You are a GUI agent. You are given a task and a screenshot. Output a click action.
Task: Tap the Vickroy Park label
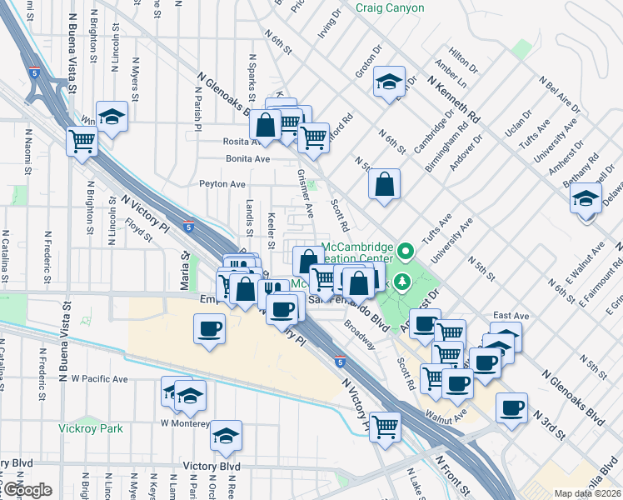point(92,428)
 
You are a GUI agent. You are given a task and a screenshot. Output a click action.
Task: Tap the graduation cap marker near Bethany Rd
point(586,199)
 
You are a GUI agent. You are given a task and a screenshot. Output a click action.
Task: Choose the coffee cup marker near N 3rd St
point(511,408)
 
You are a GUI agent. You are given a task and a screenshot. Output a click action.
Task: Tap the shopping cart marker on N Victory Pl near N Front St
point(385,427)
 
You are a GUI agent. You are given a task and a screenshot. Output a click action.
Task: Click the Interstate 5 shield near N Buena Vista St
point(34,73)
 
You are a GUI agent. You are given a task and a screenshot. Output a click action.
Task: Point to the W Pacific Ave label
point(100,378)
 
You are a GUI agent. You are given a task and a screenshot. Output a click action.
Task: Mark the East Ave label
point(511,316)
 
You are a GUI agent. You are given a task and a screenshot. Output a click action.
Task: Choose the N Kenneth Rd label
point(454,97)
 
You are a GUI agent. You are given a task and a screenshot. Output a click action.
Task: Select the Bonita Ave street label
point(248,158)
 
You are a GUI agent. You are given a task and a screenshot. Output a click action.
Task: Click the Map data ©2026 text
point(587,493)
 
